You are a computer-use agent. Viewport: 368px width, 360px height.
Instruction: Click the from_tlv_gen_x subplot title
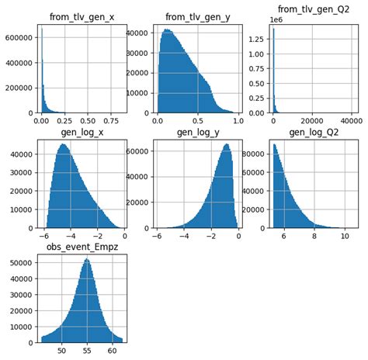(82, 18)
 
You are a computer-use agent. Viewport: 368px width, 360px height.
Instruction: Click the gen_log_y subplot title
(197, 132)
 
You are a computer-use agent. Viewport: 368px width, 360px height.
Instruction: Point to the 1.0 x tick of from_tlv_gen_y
(238, 122)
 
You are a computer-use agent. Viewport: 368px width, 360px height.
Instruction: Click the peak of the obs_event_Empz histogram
(86, 259)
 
